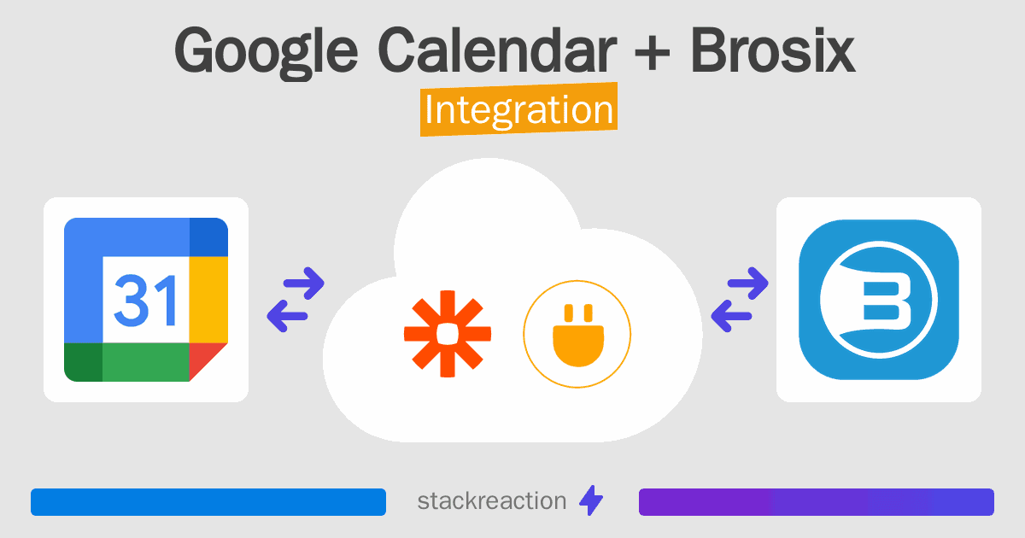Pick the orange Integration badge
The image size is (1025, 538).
coord(519,112)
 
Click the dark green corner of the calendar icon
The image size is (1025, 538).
coord(83,362)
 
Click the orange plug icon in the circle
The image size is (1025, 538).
coord(577,333)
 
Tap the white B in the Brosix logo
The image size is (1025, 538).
coord(879,299)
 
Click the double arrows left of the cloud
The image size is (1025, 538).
coord(296,300)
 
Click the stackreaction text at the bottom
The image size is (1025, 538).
coord(492,501)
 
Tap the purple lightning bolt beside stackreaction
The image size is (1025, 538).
coord(591,501)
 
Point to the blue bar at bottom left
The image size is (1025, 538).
coord(208,502)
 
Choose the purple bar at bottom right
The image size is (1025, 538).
coord(816,502)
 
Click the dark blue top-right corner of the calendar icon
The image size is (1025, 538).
coord(208,237)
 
